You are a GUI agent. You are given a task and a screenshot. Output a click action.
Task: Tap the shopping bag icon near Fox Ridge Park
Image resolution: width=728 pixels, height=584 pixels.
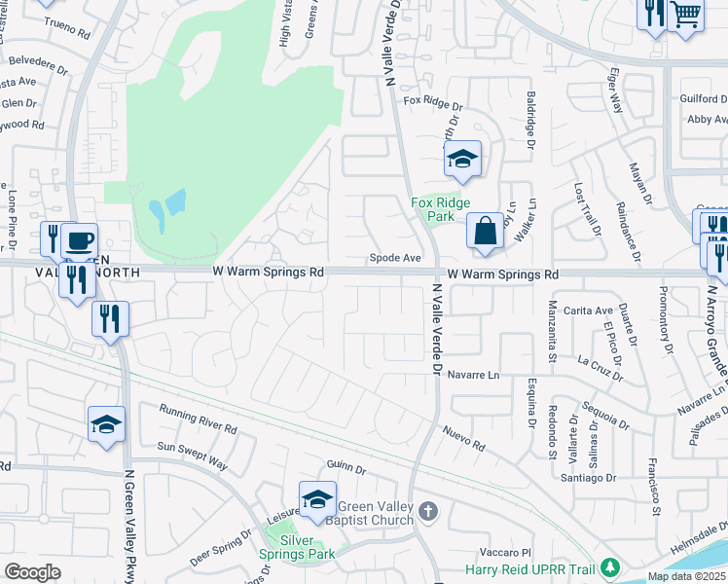[x=485, y=232]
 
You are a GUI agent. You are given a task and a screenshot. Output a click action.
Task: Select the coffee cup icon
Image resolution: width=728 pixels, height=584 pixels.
[x=80, y=239]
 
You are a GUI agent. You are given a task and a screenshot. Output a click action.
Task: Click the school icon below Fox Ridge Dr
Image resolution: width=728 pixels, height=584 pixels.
[x=462, y=159]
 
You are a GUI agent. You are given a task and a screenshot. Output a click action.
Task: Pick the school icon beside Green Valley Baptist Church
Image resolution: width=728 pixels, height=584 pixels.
[x=317, y=499]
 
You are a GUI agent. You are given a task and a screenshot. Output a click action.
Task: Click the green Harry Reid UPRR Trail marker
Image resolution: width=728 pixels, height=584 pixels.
[x=610, y=566]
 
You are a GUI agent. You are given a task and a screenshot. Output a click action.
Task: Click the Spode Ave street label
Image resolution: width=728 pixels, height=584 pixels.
[x=394, y=258]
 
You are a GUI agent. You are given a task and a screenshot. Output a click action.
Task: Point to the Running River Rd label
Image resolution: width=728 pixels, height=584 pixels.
[x=199, y=420]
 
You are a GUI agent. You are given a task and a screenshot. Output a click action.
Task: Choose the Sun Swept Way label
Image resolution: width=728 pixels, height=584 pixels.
[x=192, y=456]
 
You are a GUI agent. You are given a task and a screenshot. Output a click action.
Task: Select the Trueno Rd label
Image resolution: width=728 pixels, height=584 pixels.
[x=67, y=30]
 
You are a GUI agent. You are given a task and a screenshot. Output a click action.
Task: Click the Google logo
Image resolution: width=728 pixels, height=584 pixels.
[x=32, y=572]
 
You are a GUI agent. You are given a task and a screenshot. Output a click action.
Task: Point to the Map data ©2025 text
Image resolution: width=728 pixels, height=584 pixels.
[x=685, y=576]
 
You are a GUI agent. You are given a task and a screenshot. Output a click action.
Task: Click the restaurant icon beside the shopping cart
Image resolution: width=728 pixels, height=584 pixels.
[x=653, y=14]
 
